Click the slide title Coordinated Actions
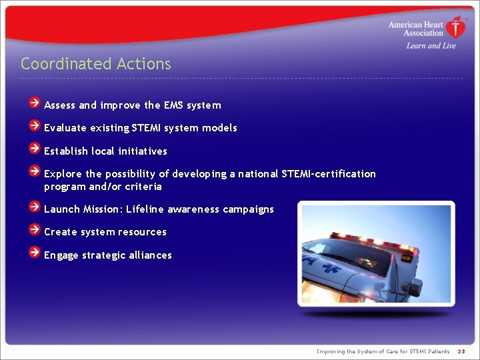tap(95, 64)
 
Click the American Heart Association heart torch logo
tap(456, 27)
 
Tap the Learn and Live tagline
tap(431, 45)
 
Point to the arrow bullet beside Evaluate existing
tap(35, 125)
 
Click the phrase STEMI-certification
tap(329, 174)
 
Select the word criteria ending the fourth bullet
tap(143, 187)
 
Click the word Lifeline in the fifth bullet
tap(145, 209)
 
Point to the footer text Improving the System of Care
tap(383, 351)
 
